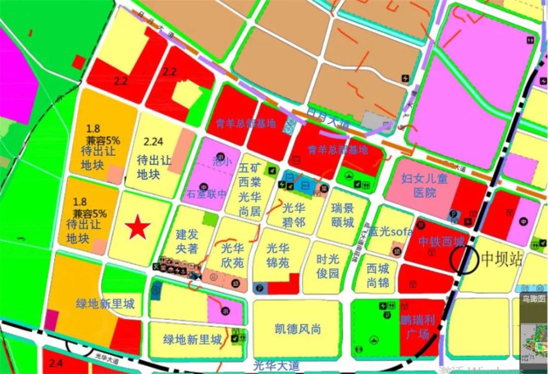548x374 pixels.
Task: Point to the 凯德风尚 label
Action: [298, 329]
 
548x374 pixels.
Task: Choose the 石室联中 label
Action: [207, 194]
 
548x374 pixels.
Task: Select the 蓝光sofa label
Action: [390, 232]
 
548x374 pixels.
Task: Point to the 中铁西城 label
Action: [441, 241]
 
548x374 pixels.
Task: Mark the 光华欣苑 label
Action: [231, 256]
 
